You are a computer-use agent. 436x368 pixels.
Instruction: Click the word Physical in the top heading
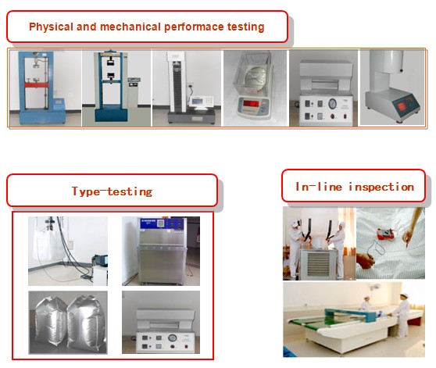51,27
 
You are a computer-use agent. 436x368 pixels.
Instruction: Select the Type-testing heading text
112,191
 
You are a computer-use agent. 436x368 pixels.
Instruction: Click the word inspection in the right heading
381,187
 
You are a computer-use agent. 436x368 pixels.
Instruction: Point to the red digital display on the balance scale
251,104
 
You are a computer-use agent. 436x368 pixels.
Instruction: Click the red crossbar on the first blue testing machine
34,85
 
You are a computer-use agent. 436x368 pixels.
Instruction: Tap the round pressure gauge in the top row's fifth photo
332,104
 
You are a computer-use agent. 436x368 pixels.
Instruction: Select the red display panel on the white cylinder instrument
402,106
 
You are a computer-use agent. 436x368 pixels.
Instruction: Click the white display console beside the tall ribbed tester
201,102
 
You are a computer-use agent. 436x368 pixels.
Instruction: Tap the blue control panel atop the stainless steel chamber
163,223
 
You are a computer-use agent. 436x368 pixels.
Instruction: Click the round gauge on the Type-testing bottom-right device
173,338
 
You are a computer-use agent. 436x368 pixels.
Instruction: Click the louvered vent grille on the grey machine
318,265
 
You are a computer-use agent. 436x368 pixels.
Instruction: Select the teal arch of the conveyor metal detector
351,313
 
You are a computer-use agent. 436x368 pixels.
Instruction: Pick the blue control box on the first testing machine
59,105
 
